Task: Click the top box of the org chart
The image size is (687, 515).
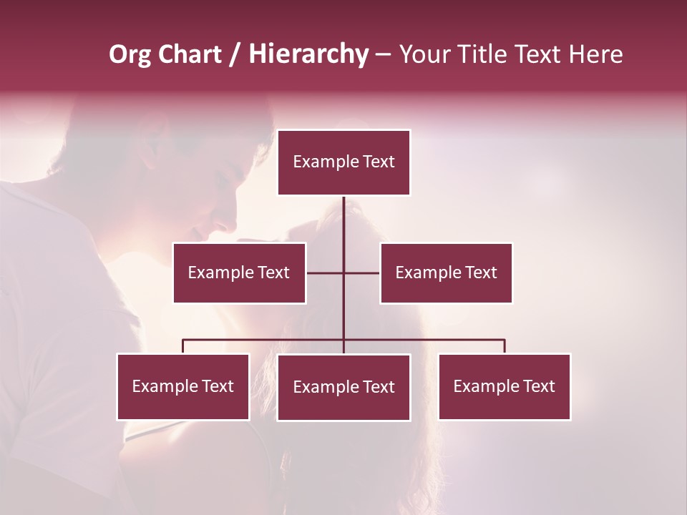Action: pyautogui.click(x=343, y=162)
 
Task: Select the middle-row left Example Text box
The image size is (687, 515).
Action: pyautogui.click(x=239, y=273)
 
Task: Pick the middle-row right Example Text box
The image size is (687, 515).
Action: pyautogui.click(x=446, y=273)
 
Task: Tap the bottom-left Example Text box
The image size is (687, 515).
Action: pyautogui.click(x=182, y=386)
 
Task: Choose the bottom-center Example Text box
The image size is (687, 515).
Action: pyautogui.click(x=343, y=387)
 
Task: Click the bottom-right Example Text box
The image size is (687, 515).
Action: pyautogui.click(x=504, y=386)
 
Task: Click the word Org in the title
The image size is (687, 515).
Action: pyautogui.click(x=130, y=54)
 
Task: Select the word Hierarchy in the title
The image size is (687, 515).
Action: pyautogui.click(x=308, y=54)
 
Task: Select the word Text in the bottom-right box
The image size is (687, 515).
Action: pyautogui.click(x=539, y=386)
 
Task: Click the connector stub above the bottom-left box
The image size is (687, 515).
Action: pyautogui.click(x=182, y=346)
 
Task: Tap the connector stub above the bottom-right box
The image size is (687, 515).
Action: pyautogui.click(x=504, y=346)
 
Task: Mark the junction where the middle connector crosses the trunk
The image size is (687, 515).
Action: pyautogui.click(x=343, y=273)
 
